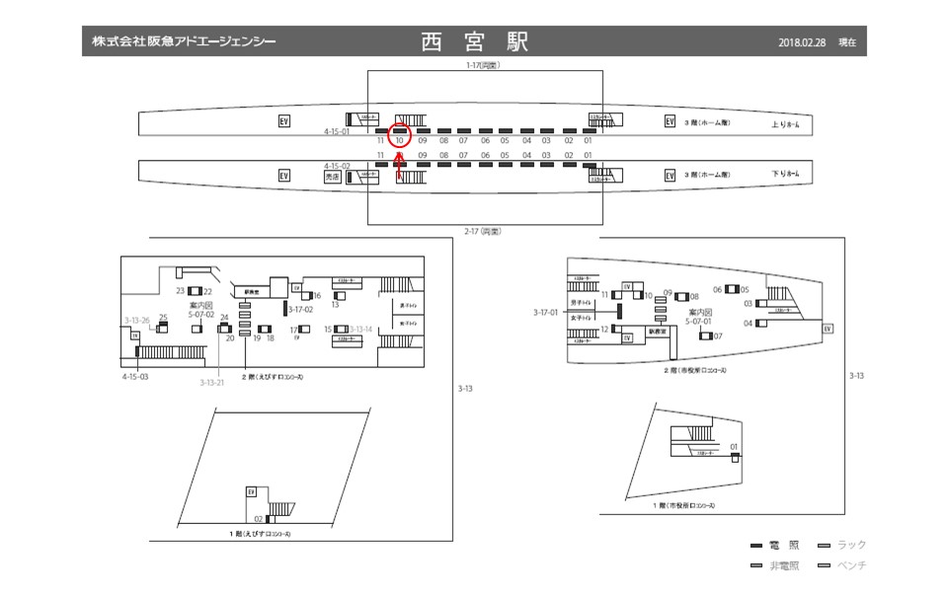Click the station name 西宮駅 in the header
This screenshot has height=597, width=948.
(x=474, y=42)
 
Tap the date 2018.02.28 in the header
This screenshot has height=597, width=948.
(x=801, y=43)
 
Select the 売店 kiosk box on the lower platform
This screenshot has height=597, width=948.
(x=332, y=177)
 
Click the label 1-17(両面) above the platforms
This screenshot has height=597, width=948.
(x=483, y=66)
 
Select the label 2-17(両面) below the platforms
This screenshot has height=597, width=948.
(x=483, y=231)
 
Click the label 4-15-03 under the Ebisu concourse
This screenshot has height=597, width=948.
(x=135, y=377)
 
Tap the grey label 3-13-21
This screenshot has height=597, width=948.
(x=211, y=382)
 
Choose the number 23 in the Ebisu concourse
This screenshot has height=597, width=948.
(x=181, y=291)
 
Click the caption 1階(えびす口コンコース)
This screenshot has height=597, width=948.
(x=259, y=534)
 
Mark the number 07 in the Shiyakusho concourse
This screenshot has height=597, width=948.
(x=718, y=336)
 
